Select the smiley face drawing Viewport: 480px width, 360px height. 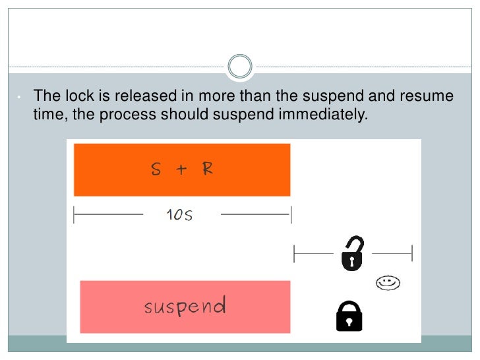[x=388, y=283]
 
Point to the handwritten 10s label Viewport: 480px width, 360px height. [x=180, y=215]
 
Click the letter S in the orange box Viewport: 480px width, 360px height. [x=156, y=169]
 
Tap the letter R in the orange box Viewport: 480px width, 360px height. [x=208, y=169]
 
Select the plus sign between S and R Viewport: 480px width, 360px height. [x=181, y=169]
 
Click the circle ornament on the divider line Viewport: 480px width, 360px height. [x=239, y=67]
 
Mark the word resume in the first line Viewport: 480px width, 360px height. [x=429, y=96]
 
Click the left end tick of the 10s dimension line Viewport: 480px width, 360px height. [x=74, y=215]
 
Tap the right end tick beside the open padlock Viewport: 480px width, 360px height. [x=412, y=253]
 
